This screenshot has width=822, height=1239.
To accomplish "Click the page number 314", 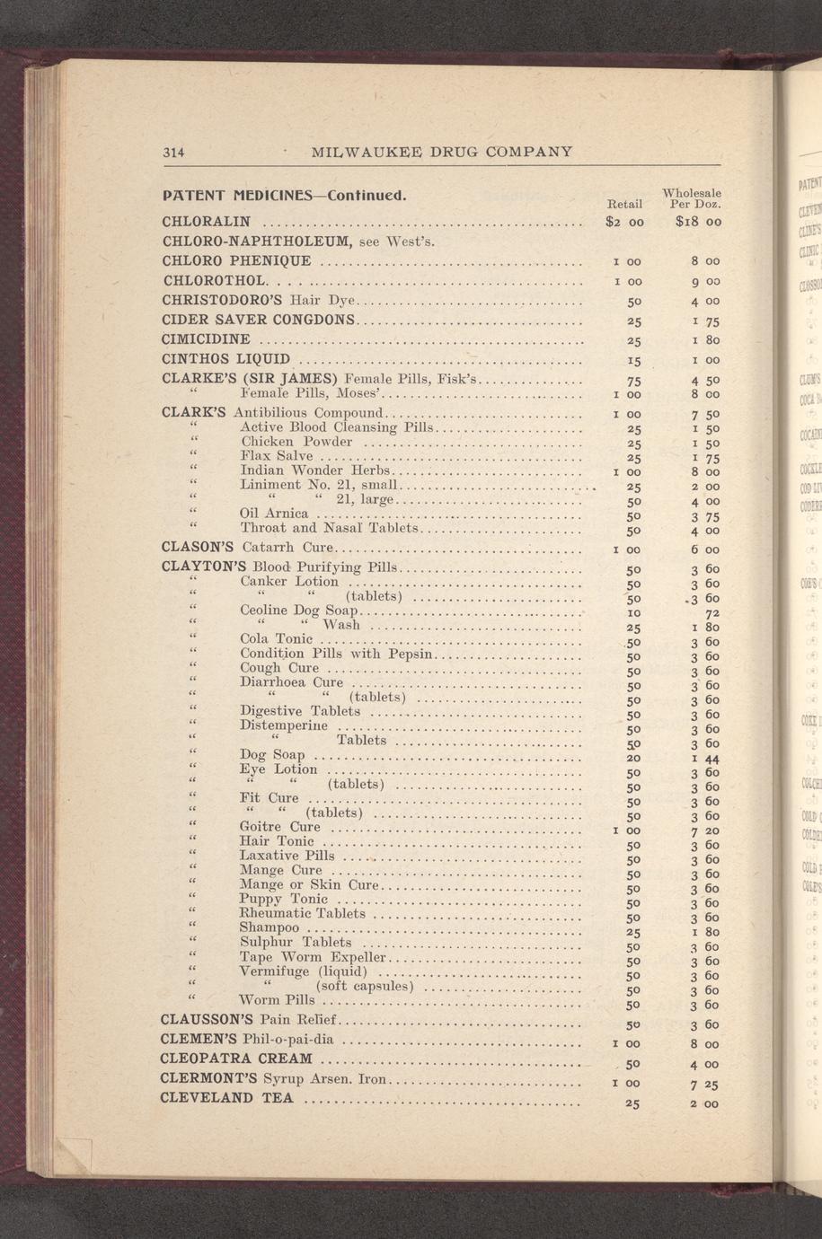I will (x=172, y=152).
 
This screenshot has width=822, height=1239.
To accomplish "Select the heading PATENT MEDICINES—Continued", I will (x=285, y=195).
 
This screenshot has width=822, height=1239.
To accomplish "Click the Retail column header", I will (x=624, y=204).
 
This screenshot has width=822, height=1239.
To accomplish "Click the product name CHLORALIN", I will (x=206, y=222).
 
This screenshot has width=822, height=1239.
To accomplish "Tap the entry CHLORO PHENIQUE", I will (x=237, y=261).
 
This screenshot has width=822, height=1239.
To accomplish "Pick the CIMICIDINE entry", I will (x=206, y=340).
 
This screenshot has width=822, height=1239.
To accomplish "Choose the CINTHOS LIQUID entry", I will (x=225, y=360).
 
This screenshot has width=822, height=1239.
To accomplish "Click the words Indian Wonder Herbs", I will (x=314, y=470).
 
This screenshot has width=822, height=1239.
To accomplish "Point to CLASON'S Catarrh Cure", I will (x=247, y=547).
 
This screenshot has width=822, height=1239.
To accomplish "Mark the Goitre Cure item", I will (x=279, y=827).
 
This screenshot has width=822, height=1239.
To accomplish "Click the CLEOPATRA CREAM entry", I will (x=236, y=1059).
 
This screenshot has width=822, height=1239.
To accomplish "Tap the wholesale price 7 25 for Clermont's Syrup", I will (x=703, y=1084).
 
